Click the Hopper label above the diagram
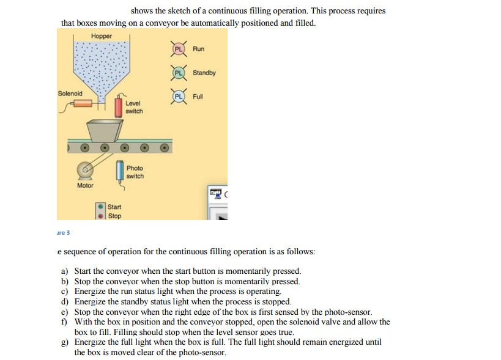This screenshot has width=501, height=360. pyautogui.click(x=102, y=36)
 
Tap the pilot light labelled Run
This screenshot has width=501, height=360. pyautogui.click(x=179, y=49)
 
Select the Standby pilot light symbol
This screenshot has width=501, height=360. pyautogui.click(x=179, y=73)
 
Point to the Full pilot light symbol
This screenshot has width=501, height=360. pyautogui.click(x=179, y=97)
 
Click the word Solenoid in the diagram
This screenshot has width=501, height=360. pyautogui.click(x=70, y=94)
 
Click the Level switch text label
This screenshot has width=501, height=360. pyautogui.click(x=134, y=108)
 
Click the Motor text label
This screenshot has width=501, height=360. pyautogui.click(x=85, y=185)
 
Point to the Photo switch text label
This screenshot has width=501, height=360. pyautogui.click(x=135, y=172)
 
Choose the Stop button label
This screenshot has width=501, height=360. pyautogui.click(x=114, y=216)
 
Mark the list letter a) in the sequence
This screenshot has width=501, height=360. pyautogui.click(x=64, y=271)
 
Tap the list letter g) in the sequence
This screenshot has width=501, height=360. pyautogui.click(x=64, y=342)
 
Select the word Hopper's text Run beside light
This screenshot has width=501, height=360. pyautogui.click(x=198, y=49)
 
